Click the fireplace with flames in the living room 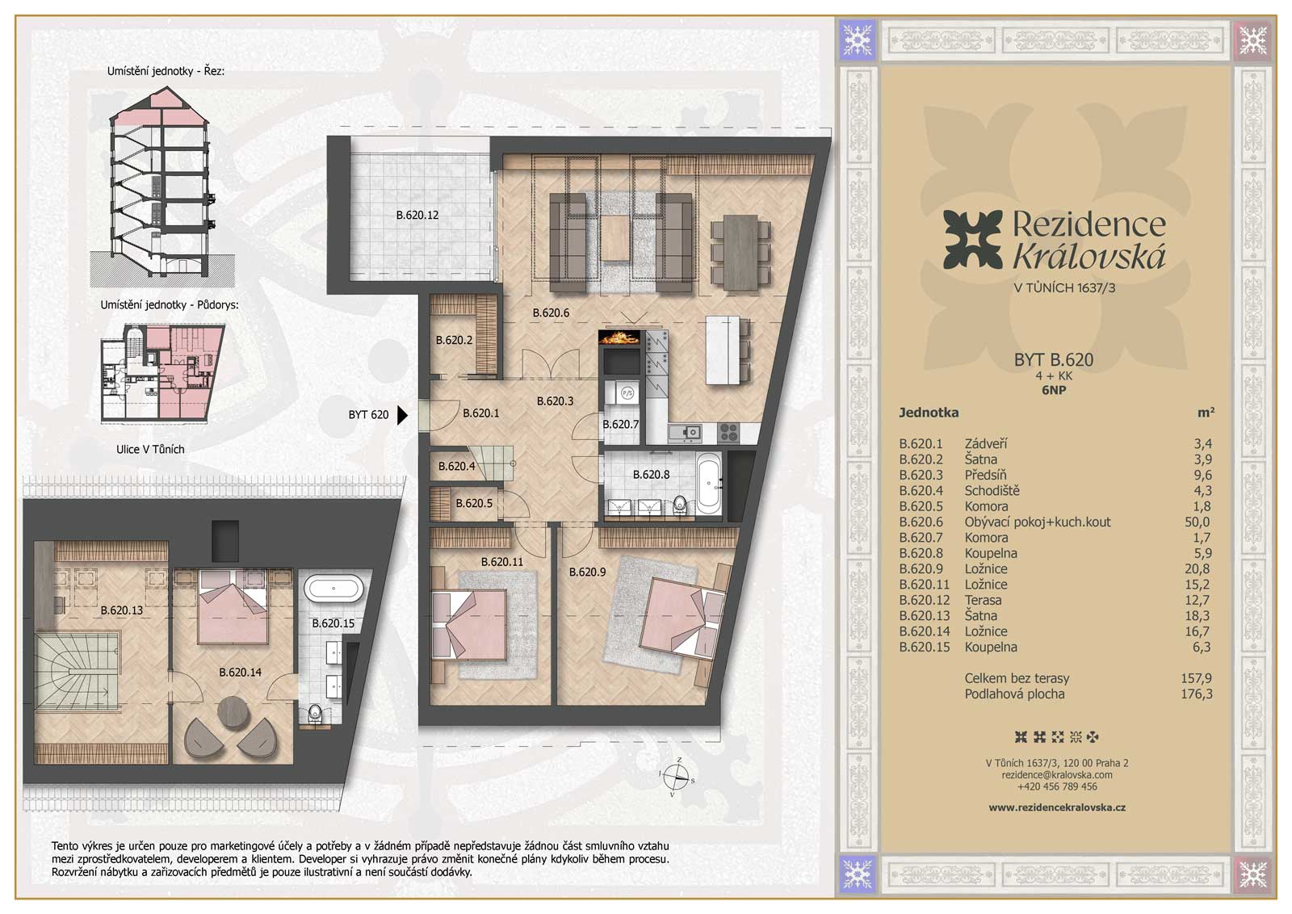[x=619, y=337]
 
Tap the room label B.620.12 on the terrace [x=417, y=215]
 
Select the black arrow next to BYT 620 [x=402, y=415]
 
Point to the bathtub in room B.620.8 [x=709, y=483]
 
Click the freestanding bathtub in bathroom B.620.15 [x=333, y=589]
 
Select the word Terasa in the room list [x=983, y=600]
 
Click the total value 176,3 [x=1196, y=694]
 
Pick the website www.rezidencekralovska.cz [x=1057, y=807]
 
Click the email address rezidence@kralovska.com [x=1057, y=775]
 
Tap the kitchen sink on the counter [x=686, y=431]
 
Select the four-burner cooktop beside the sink [x=729, y=431]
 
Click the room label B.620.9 [x=587, y=572]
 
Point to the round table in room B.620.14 [x=233, y=713]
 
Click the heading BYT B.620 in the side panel [x=1053, y=360]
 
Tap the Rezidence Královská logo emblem [x=972, y=239]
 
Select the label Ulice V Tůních [x=150, y=449]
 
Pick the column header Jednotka [x=929, y=413]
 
